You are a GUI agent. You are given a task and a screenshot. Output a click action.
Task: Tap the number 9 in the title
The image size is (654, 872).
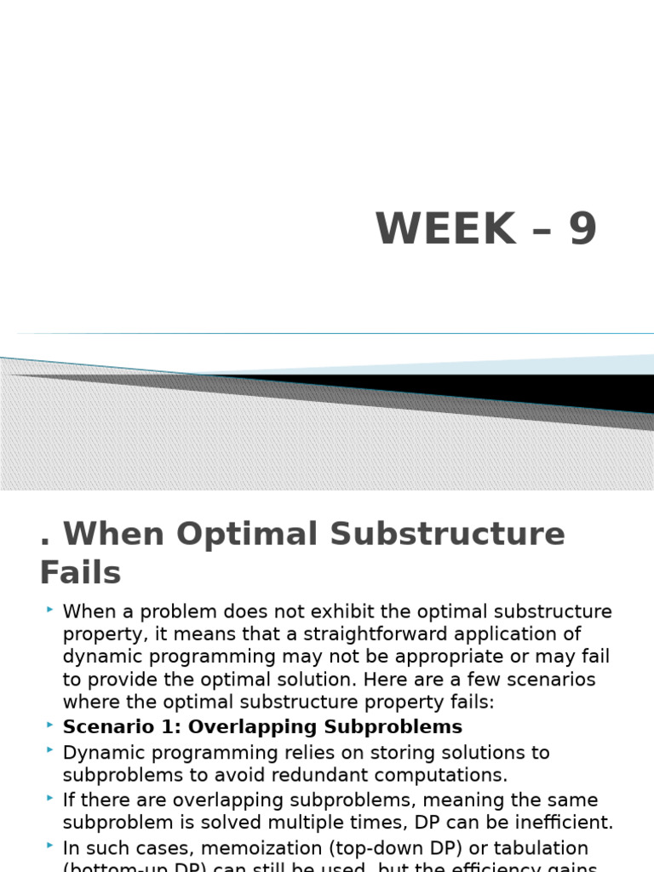583,228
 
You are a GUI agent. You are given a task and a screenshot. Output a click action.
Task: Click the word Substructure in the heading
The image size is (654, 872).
447,534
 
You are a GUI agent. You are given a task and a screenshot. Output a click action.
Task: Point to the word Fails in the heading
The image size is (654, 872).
80,572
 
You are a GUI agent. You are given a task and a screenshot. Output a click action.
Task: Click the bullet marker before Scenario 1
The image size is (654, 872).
50,724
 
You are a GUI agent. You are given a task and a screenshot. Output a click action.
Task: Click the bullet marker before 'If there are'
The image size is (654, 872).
50,798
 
